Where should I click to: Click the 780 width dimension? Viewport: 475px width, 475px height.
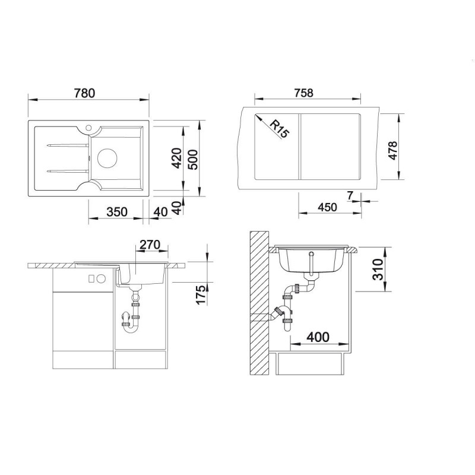point(84,93)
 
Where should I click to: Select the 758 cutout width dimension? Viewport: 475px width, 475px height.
point(303,93)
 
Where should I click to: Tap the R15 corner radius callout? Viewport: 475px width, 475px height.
point(279,129)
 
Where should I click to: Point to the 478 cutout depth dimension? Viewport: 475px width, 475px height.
point(392,151)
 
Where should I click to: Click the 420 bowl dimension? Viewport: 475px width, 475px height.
point(176,158)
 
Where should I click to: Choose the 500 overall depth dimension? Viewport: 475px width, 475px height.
point(192,160)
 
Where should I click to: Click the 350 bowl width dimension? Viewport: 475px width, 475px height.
point(117,212)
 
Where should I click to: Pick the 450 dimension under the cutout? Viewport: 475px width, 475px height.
point(328,207)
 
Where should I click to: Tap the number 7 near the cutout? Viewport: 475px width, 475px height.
point(350,196)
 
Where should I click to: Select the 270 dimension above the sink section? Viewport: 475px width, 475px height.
point(150,245)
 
